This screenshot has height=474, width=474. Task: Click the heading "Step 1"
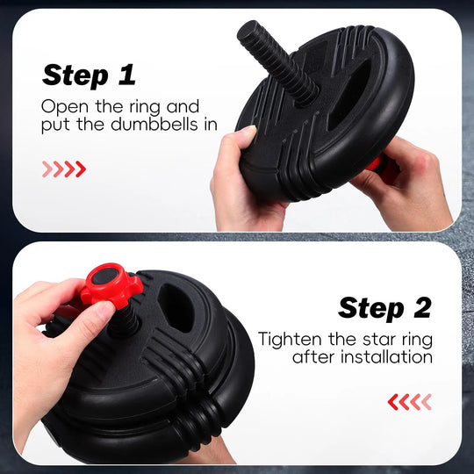point(89,75)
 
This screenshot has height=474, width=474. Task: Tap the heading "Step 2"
point(384,308)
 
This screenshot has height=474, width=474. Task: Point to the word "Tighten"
point(290,339)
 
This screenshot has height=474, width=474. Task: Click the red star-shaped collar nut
point(112,285)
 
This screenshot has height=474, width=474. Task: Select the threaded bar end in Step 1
point(276,62)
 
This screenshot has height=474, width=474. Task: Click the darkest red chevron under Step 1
point(81,169)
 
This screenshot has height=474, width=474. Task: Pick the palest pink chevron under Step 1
point(47,169)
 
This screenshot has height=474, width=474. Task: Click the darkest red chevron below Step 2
point(393,402)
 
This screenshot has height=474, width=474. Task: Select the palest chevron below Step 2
point(427,402)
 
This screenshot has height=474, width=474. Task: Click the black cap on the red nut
point(105,276)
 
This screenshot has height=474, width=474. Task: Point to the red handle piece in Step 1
point(375,165)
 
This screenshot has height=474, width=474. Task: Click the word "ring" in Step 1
point(145,108)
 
